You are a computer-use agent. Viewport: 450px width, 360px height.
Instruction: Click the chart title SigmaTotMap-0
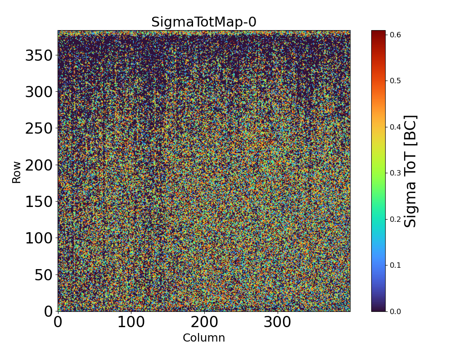[x=203, y=22]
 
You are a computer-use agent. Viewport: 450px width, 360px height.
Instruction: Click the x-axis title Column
[x=203, y=338]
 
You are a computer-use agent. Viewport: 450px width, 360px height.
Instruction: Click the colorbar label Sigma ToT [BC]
[x=410, y=171]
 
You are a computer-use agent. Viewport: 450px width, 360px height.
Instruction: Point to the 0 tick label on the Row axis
[x=48, y=311]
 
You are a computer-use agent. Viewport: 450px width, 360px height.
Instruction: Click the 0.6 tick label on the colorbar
[x=396, y=35]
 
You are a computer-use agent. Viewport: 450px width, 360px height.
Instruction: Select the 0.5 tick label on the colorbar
[x=396, y=81]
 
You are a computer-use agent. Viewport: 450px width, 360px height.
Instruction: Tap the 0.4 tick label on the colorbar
[x=396, y=127]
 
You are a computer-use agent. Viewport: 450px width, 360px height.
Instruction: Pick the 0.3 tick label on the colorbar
[x=396, y=173]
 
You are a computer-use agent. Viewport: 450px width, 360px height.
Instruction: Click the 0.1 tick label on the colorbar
[x=396, y=265]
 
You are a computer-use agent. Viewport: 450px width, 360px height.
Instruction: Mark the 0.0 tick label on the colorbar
[x=396, y=311]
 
